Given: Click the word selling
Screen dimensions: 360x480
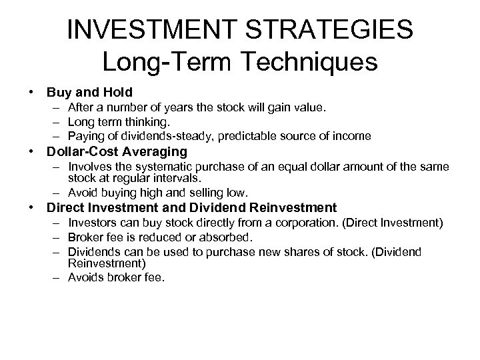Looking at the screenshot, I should [209, 193].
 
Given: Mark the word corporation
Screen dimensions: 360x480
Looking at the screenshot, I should [298, 223].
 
